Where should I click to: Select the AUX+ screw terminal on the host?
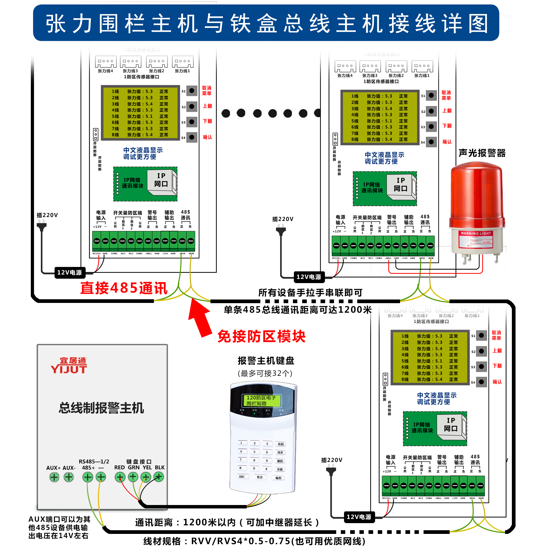[54, 477]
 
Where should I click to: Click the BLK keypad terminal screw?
[159, 477]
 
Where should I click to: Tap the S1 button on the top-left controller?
[192, 91]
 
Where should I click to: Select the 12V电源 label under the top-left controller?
[69, 272]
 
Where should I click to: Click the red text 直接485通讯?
[124, 288]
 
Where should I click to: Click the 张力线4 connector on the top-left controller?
[106, 62]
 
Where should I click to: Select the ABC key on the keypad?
[242, 477]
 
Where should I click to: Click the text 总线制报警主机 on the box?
[102, 408]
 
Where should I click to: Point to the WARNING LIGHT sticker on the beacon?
[476, 233]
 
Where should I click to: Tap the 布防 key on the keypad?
[280, 444]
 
